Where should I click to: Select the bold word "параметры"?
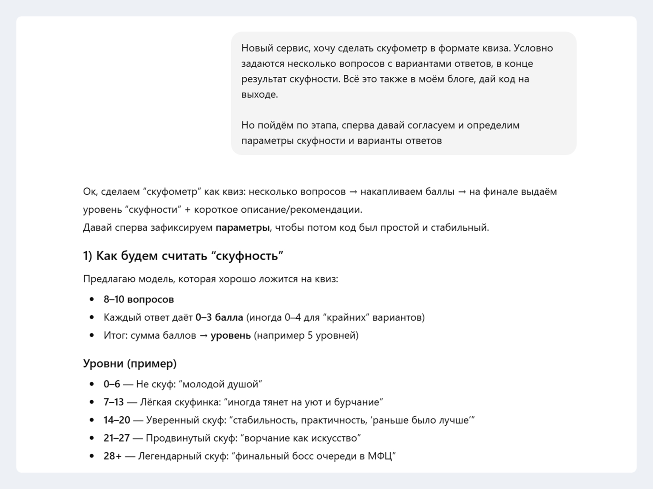[242, 227]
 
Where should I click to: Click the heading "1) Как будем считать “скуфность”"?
[183, 256]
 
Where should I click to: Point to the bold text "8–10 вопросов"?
[139, 299]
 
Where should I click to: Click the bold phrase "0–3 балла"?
[219, 317]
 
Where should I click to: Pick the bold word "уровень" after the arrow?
[230, 335]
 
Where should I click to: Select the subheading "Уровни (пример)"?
[130, 364]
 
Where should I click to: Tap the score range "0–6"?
[112, 384]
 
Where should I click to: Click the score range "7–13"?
[114, 402]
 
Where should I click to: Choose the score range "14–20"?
[116, 420]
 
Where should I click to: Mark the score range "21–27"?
[116, 438]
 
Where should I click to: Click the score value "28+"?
[112, 456]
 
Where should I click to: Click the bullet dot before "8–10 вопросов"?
[92, 300]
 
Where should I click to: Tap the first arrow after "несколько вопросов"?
[353, 192]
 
